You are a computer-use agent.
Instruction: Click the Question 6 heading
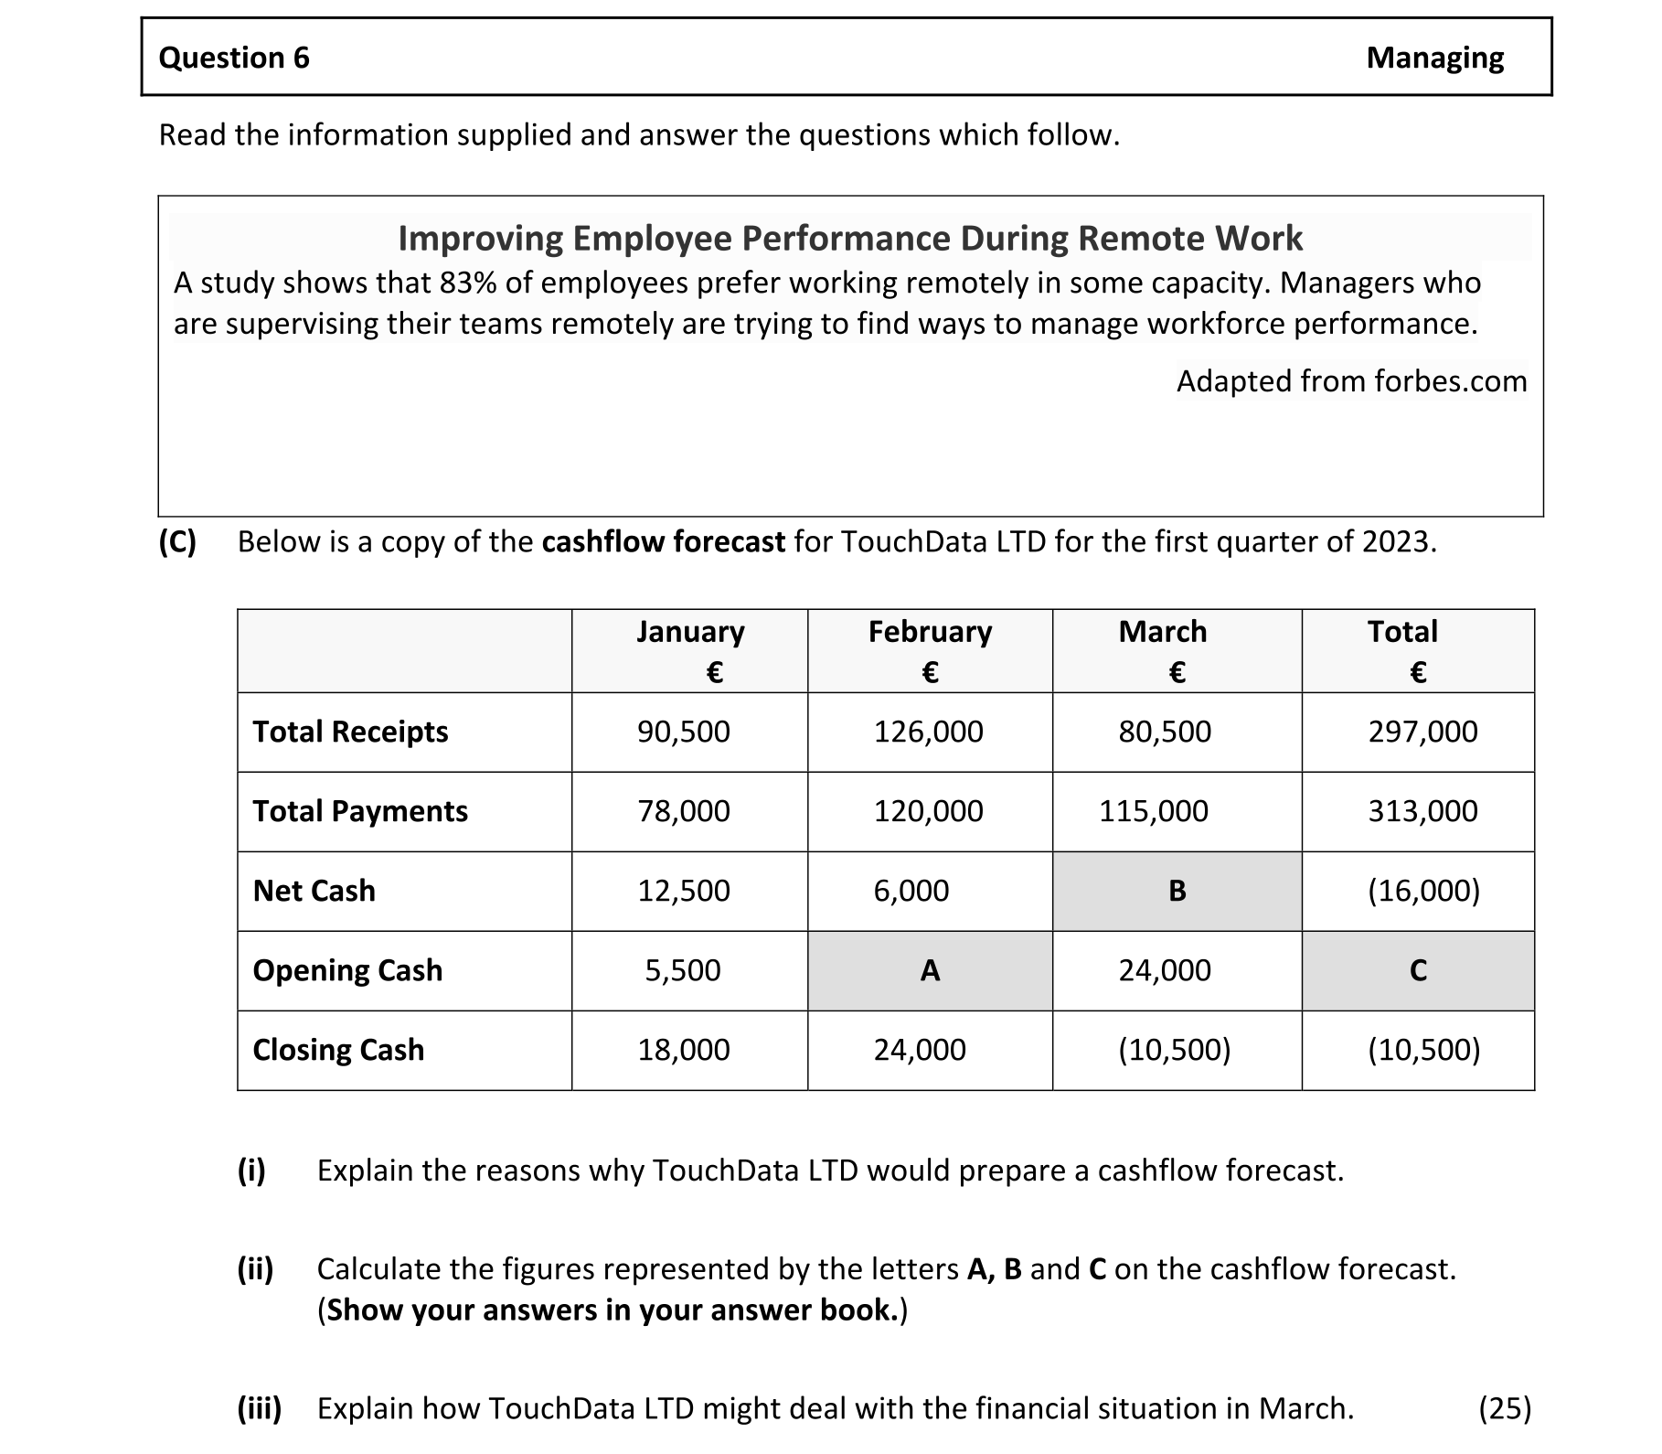point(234,58)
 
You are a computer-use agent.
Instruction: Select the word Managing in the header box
point(1433,58)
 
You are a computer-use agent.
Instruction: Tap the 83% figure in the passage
point(467,283)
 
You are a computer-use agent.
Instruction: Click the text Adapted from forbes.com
point(1351,380)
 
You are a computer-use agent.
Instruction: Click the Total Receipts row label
point(350,732)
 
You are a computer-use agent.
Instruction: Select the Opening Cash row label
point(347,970)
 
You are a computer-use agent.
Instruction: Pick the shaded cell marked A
point(930,970)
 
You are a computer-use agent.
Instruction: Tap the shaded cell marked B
point(1177,891)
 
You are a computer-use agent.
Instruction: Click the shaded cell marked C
point(1417,970)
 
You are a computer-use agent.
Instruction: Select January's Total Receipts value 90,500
point(684,732)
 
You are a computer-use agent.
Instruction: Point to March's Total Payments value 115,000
point(1153,811)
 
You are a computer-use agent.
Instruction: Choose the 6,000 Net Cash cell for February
point(911,891)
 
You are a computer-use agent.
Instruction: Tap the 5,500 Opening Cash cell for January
point(683,970)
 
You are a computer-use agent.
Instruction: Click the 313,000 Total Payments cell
point(1422,811)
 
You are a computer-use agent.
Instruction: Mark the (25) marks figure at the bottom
point(1504,1408)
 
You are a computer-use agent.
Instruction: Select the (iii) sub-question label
point(260,1408)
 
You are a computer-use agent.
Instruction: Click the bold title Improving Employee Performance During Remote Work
point(849,239)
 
